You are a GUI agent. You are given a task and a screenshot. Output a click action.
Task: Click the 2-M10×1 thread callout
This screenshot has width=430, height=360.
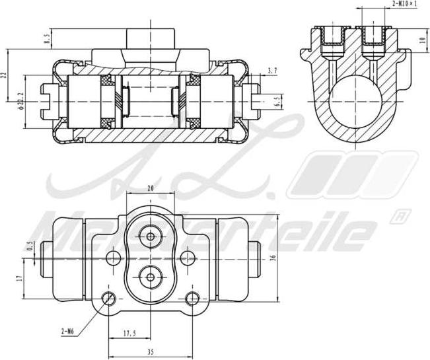coord(404,4)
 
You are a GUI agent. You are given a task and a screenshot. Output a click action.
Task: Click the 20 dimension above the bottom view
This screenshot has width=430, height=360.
coord(151,189)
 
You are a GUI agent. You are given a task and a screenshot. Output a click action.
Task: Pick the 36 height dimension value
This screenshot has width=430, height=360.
coord(273,258)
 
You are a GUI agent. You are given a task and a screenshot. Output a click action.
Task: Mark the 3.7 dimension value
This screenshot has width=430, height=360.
coord(273,70)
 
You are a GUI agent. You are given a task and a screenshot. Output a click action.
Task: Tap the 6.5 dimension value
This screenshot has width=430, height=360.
coord(277,101)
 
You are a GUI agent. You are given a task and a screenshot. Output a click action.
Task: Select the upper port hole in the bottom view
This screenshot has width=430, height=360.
coord(151,236)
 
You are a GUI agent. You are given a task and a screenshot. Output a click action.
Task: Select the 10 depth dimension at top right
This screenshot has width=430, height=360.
coord(421,39)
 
